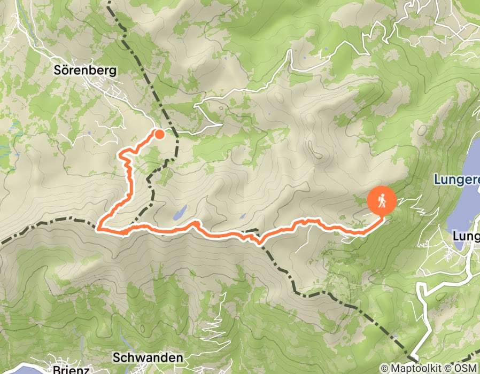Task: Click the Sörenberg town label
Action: [85, 69]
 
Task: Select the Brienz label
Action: [71, 369]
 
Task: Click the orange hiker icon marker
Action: [382, 201]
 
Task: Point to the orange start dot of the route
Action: [159, 134]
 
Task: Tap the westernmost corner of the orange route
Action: [97, 229]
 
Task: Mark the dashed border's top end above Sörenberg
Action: [109, 3]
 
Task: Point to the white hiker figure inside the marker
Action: [382, 201]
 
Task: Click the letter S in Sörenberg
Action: [58, 69]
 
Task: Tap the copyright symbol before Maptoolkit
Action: [384, 369]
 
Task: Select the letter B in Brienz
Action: [56, 369]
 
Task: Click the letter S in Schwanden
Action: [116, 357]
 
